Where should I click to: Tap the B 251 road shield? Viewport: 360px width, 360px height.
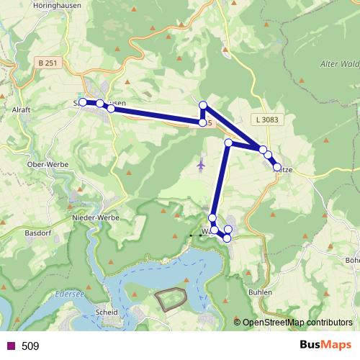point(46,63)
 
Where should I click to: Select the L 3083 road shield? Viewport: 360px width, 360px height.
point(264,119)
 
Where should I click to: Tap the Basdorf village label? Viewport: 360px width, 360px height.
point(36,233)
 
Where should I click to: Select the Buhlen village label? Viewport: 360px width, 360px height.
point(260,293)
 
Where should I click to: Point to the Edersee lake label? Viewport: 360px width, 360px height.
point(69,294)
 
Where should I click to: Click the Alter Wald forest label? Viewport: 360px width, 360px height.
point(338,64)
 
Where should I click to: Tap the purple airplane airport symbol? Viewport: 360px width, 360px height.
point(201,166)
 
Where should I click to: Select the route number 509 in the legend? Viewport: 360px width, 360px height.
point(30,346)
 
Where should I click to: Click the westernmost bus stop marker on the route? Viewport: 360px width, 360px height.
point(83,102)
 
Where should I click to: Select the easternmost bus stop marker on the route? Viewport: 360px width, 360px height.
point(277,167)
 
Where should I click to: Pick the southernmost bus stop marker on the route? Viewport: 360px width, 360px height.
point(228,238)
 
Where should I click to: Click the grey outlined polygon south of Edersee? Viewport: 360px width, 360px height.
point(172,299)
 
